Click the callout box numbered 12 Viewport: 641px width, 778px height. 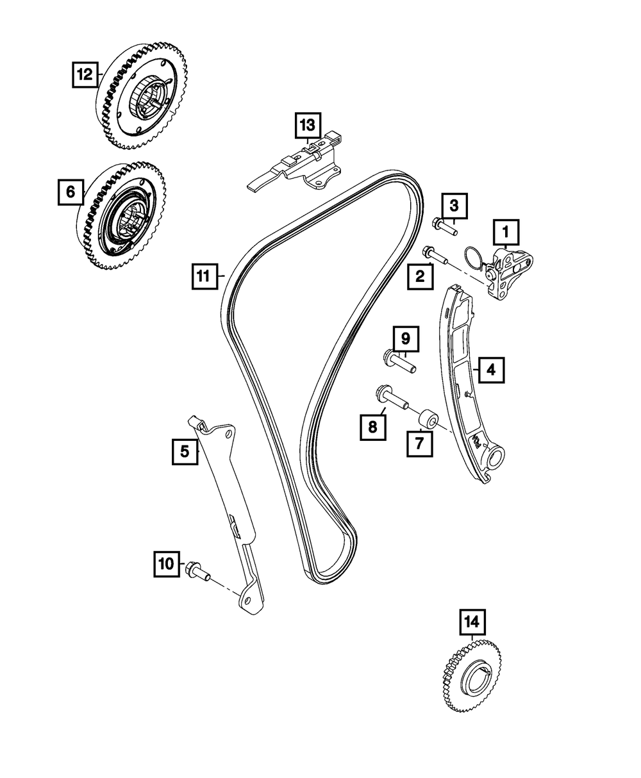click(x=85, y=74)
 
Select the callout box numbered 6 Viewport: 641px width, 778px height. click(x=71, y=191)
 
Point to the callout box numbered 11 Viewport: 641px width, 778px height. click(x=203, y=277)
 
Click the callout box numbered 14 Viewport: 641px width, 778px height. click(x=472, y=621)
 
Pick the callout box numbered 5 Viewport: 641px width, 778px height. click(x=185, y=452)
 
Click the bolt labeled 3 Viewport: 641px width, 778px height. click(x=446, y=226)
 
